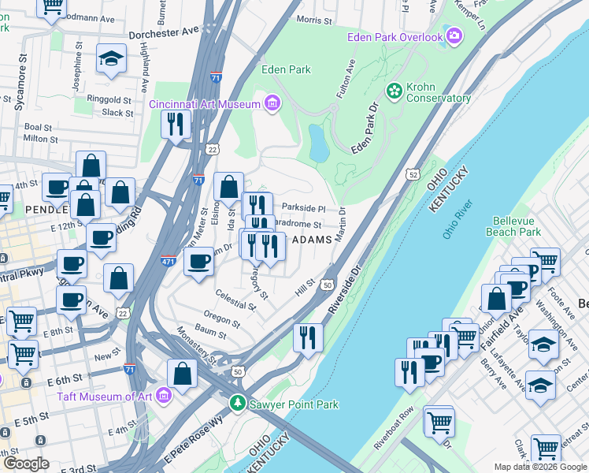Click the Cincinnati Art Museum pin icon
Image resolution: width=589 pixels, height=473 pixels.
(272, 103)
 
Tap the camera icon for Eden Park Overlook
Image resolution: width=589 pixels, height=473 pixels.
(454, 35)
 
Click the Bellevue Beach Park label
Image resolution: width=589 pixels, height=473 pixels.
(517, 226)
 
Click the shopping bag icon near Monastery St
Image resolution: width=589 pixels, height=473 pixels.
(183, 374)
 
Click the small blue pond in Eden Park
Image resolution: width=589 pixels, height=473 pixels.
(319, 143)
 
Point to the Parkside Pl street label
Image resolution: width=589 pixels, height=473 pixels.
(303, 208)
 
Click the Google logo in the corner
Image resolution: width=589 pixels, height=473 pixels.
(26, 464)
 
